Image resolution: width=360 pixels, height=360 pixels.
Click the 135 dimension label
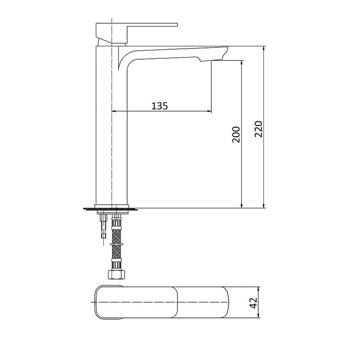point(159,106)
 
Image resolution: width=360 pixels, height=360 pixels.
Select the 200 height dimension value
point(236,135)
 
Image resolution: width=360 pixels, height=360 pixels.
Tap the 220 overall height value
point(259,129)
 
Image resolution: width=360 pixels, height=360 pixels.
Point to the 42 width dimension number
point(253,303)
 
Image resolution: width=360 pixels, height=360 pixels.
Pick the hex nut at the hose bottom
point(117,275)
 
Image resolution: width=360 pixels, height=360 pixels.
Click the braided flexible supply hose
point(117,243)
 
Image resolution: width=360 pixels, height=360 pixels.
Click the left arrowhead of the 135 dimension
point(114,111)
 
